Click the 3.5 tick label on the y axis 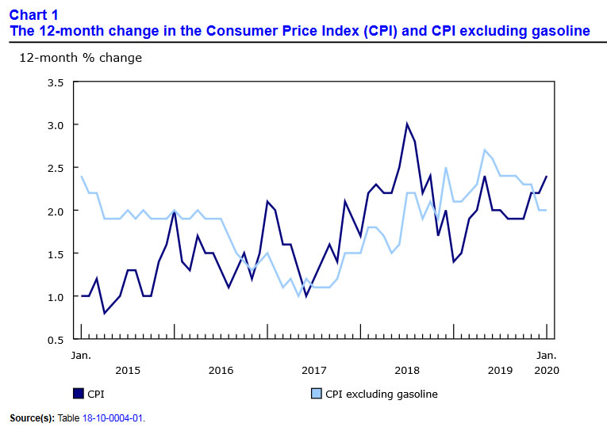click(55, 82)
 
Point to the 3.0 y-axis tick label click(55, 125)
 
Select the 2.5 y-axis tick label click(55, 168)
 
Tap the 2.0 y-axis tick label click(55, 211)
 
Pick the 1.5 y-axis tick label click(55, 254)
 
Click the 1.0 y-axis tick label click(55, 296)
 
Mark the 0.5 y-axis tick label click(55, 339)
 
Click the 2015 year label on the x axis click(128, 371)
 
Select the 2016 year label click(221, 371)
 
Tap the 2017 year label click(314, 371)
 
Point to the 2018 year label click(407, 371)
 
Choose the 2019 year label click(500, 371)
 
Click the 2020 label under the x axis click(547, 371)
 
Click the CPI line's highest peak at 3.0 click(407, 124)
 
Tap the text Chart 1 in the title click(34, 14)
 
